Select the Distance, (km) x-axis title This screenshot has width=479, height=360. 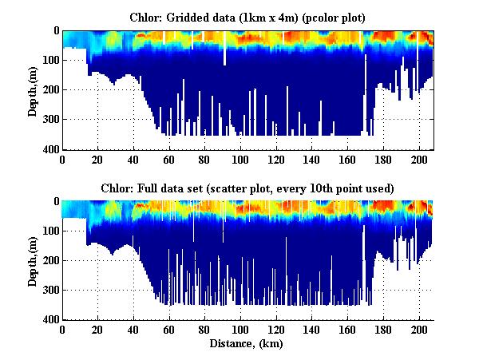(x=247, y=344)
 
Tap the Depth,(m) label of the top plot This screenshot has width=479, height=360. (x=33, y=90)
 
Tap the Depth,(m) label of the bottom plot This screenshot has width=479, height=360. (x=33, y=261)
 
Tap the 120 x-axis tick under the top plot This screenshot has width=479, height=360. (x=276, y=159)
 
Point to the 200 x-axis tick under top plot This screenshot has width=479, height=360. (x=419, y=159)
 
